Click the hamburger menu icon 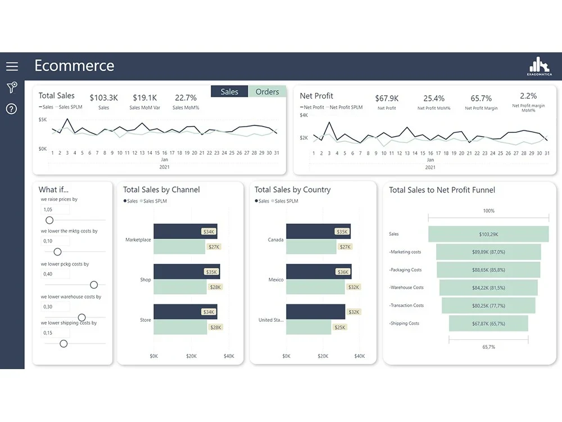(12, 66)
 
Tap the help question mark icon (12, 109)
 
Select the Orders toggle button (267, 92)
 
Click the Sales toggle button (229, 92)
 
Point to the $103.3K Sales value (103, 98)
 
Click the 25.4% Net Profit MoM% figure (434, 98)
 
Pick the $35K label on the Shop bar (211, 272)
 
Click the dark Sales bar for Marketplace (177, 231)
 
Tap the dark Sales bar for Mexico (315, 272)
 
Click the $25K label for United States (339, 327)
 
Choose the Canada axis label (275, 240)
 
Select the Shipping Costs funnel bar (488, 324)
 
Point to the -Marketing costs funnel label (405, 252)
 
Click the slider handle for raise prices (49, 220)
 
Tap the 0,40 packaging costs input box (55, 274)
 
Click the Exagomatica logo (539, 66)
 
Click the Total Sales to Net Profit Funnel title (442, 190)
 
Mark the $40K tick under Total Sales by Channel (228, 356)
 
